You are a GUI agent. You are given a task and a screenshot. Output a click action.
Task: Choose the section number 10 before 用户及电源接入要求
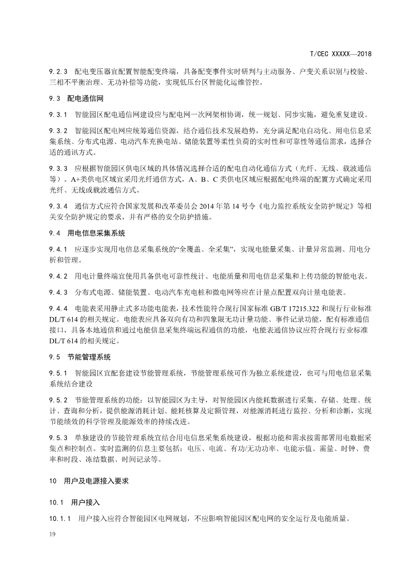tap(52, 481)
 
